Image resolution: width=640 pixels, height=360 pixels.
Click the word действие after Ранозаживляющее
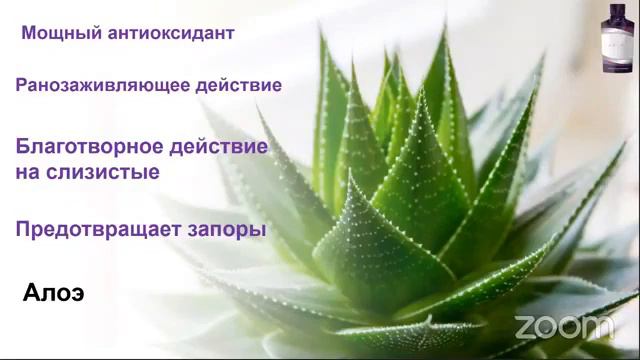coord(232,85)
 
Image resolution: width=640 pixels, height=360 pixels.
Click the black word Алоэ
coord(52,295)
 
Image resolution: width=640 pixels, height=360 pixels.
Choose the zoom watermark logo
coord(563,326)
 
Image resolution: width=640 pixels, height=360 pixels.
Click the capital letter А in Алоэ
coord(31,295)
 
